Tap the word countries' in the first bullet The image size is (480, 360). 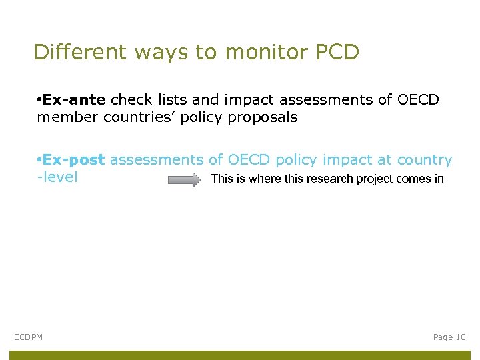pos(131,118)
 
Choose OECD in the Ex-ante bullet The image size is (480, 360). pos(418,100)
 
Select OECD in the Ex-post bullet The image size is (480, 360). pos(249,160)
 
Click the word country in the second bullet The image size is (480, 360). pos(425,160)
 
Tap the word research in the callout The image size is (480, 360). pos(331,179)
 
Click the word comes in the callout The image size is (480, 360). pos(413,179)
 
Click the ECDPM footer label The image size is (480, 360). pos(28,337)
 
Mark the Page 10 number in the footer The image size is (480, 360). pos(449,337)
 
